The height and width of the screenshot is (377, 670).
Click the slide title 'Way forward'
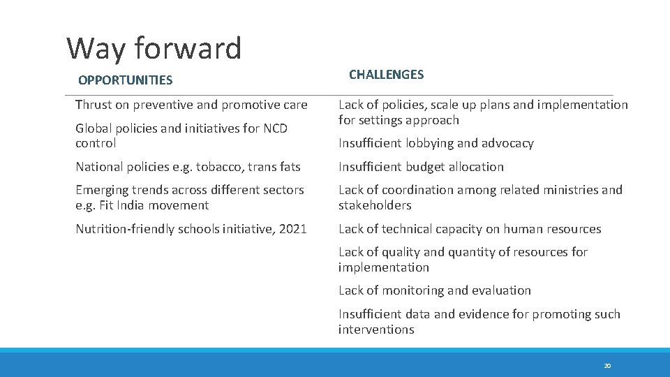[x=154, y=48]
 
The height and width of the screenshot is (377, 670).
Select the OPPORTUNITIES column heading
[x=125, y=80]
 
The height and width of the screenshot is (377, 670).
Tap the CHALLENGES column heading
[x=386, y=75]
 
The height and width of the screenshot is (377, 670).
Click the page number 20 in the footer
[x=606, y=366]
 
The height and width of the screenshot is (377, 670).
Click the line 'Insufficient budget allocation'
[x=421, y=167]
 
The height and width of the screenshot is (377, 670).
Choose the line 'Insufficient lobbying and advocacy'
[x=435, y=143]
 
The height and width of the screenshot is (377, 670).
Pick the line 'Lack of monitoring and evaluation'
[x=434, y=290]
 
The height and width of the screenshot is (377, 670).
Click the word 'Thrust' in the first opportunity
[x=94, y=105]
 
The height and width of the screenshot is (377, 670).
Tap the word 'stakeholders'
[x=375, y=205]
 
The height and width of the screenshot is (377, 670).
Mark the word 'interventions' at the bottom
[x=376, y=330]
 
